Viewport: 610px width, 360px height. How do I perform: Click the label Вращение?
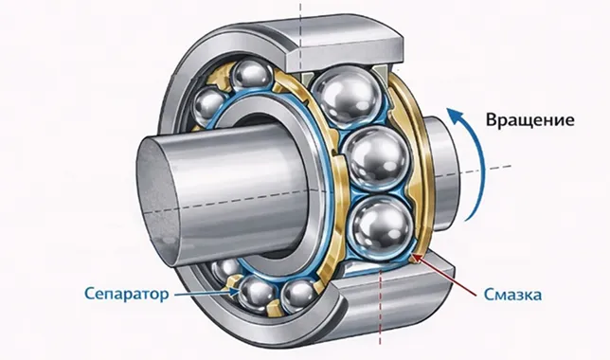[529, 120]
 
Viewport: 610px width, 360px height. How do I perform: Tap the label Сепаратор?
[127, 294]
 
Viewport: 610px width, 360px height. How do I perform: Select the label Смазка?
[512, 295]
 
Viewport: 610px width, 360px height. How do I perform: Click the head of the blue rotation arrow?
[455, 115]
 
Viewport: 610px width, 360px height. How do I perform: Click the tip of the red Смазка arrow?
[413, 255]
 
